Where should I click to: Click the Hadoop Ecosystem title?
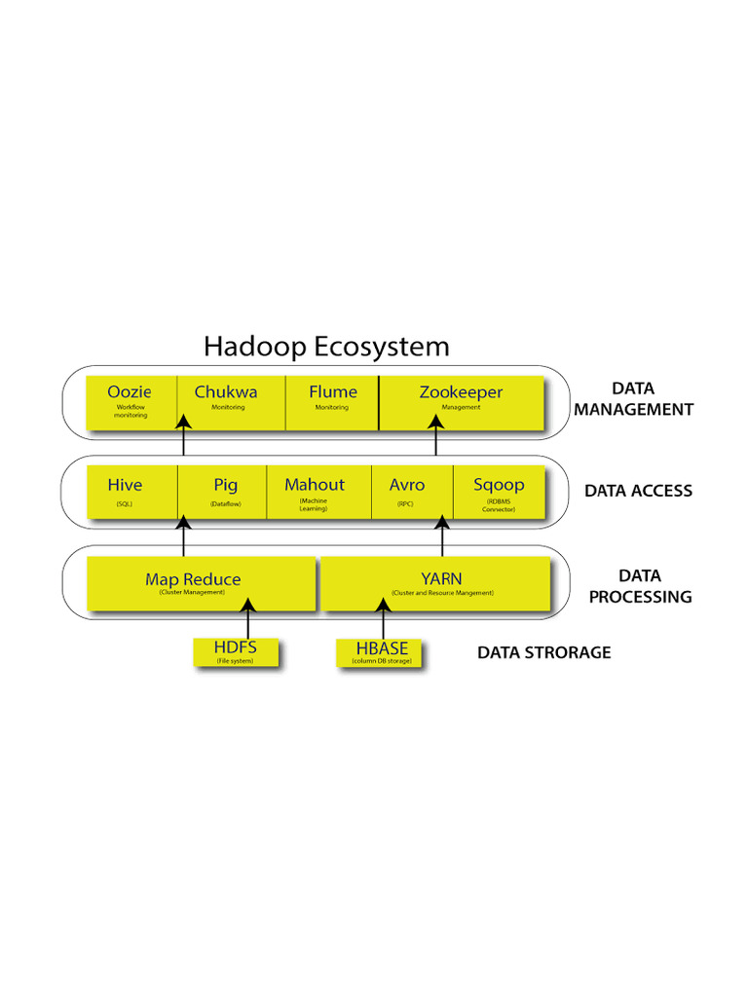point(326,347)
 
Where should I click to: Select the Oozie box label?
point(130,392)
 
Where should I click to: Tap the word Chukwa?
point(226,392)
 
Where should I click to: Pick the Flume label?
point(333,392)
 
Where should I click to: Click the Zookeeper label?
point(461,392)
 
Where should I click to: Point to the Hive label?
point(125,485)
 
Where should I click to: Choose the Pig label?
point(225,485)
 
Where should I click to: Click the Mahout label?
point(314,485)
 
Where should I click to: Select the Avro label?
point(406,485)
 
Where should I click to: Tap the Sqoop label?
point(498,485)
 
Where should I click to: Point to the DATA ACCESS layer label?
point(638,491)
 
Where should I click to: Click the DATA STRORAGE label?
point(543,652)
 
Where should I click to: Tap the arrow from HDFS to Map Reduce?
point(248,620)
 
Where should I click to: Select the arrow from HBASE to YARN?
point(384,620)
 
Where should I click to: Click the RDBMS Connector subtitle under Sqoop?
point(498,505)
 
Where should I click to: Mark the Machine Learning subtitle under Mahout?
point(314,504)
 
